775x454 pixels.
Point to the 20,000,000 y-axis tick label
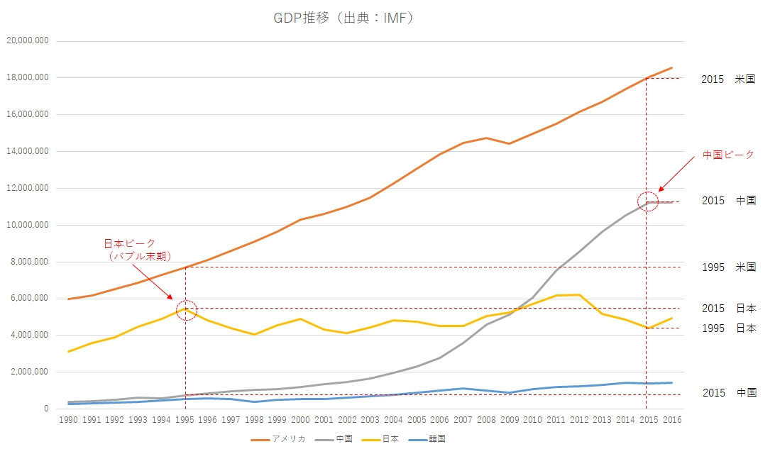pos(27,40)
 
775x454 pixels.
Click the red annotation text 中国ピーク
pos(728,155)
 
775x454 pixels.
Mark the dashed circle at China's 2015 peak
pos(647,201)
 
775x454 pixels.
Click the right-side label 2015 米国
pos(728,79)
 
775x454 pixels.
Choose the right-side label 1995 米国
pos(728,267)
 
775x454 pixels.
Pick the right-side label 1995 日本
pos(728,328)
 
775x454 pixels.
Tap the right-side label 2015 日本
pos(728,309)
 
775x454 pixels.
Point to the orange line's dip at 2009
pos(508,144)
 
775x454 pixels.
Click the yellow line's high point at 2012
pos(578,294)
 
